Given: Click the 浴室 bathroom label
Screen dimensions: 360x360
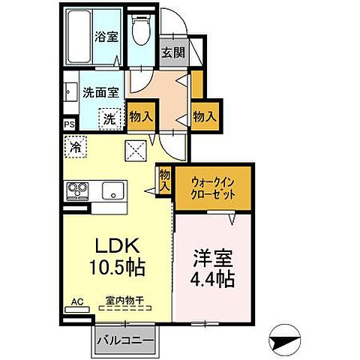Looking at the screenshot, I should [x=105, y=36].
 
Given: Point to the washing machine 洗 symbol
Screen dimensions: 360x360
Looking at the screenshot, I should [x=109, y=118].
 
